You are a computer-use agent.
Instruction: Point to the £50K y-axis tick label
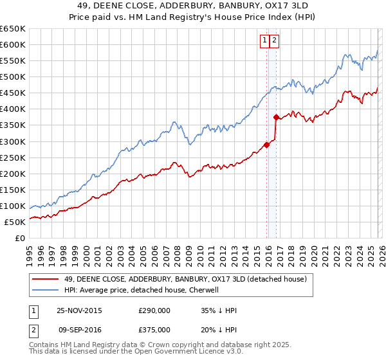(x=15, y=222)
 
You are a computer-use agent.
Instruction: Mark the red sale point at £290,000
(x=267, y=145)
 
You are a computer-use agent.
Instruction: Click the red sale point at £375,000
(x=276, y=117)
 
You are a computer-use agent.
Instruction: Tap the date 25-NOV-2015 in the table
(x=79, y=310)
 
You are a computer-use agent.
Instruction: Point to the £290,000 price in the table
(x=154, y=310)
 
